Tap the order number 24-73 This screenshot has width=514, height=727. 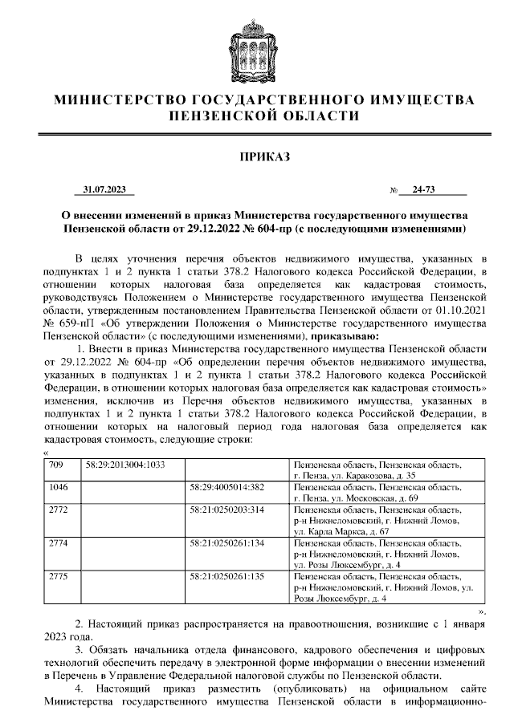click(x=422, y=190)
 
